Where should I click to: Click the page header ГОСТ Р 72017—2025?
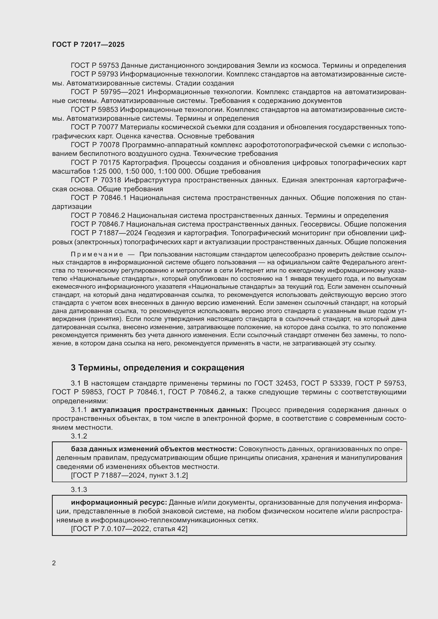coord(88,45)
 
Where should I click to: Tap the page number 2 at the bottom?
coord(54,563)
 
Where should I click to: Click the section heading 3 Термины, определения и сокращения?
coord(158,368)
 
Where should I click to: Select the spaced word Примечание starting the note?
coord(97,255)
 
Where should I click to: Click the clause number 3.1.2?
coord(79,436)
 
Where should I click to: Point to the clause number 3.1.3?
coord(79,490)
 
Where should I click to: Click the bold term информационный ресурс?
coord(119,503)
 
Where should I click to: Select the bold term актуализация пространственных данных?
coord(169,410)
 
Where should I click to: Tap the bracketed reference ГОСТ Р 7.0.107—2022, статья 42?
coord(129,529)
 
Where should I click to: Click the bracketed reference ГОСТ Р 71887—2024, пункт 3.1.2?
coord(129,475)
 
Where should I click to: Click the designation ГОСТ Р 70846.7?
coord(97,224)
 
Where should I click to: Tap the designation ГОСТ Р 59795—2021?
coord(107,92)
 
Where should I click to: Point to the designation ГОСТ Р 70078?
coord(95,145)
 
